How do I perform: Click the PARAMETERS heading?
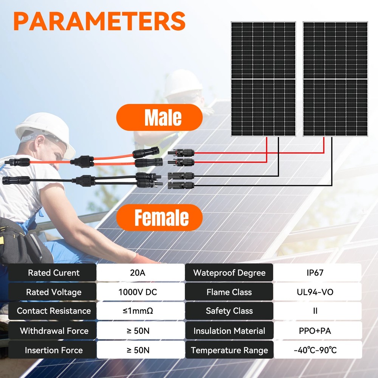(x=99, y=21)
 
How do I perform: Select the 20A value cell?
(x=140, y=273)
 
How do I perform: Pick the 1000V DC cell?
(x=140, y=292)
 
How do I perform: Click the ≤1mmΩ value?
(x=140, y=311)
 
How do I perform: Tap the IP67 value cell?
(x=317, y=273)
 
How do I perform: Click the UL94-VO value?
(x=317, y=292)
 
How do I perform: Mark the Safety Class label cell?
(x=229, y=311)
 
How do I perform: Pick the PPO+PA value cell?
(x=317, y=331)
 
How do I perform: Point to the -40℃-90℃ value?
(x=317, y=350)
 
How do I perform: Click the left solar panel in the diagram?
(x=263, y=79)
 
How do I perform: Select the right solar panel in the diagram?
(x=335, y=79)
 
